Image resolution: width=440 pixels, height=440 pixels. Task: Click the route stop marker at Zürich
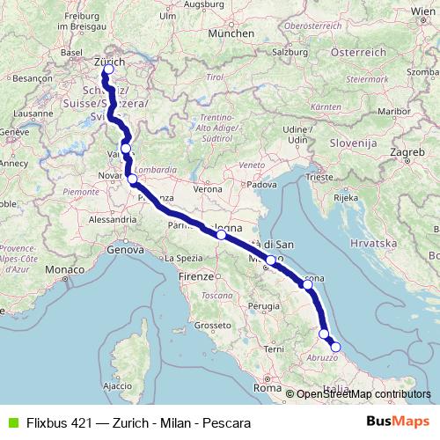108,70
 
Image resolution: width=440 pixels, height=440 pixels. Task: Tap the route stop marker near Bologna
221,235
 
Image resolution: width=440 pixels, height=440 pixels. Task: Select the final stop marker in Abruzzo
335,347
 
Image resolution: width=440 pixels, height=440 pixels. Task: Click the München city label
231,33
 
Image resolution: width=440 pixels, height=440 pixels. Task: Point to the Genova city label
124,251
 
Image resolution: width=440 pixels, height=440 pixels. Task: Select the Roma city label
266,387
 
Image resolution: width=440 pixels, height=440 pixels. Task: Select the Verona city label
208,188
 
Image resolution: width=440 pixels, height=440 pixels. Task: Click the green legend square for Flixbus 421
11,423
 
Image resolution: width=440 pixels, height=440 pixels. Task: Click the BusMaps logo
398,422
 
